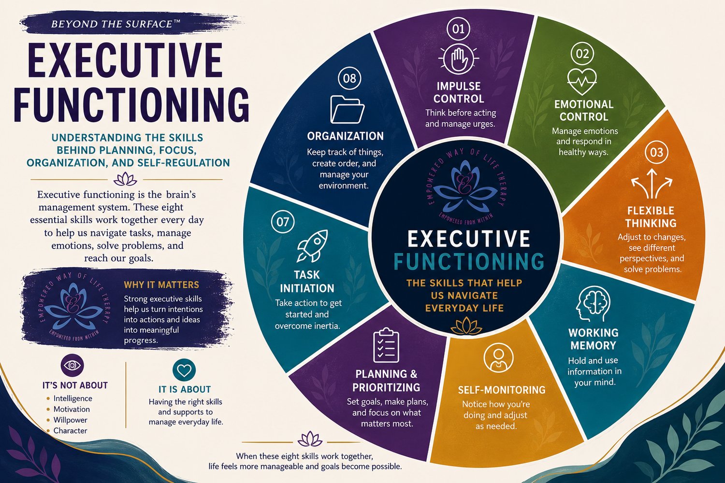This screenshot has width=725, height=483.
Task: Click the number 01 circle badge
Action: (458, 29)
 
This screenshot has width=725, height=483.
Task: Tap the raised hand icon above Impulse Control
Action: (458, 60)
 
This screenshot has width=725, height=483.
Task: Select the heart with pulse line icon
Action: (582, 81)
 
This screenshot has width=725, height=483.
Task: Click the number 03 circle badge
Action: (656, 152)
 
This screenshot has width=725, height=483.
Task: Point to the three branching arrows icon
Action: (652, 184)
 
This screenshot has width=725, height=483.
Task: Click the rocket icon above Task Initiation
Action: (312, 245)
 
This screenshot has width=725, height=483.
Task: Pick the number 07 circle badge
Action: (283, 222)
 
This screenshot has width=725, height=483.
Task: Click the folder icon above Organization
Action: (348, 109)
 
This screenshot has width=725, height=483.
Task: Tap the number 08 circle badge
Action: (349, 78)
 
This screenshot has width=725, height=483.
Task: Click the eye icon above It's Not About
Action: (72, 365)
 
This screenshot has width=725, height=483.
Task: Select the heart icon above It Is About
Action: (184, 369)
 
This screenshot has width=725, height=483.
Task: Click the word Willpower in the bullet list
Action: (70, 420)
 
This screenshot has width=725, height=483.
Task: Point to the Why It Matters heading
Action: (161, 284)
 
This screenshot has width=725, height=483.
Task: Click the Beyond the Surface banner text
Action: (116, 24)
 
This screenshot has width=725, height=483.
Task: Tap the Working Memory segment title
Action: (593, 339)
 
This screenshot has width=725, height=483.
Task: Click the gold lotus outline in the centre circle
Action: (466, 326)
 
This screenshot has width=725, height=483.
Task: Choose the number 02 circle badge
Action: (582, 54)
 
